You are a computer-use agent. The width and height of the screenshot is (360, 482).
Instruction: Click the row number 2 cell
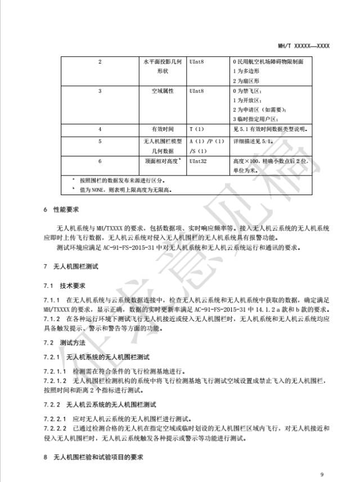pos(100,61)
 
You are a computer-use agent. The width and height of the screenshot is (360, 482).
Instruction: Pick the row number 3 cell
pos(100,91)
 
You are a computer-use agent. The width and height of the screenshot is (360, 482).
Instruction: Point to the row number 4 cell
pos(100,129)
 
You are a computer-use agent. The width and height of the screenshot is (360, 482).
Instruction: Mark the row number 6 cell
pos(100,161)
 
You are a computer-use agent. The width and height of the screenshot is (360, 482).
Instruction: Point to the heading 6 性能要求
pos(61,210)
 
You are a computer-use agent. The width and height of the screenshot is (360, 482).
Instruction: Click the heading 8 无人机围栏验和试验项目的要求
pos(94,457)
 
